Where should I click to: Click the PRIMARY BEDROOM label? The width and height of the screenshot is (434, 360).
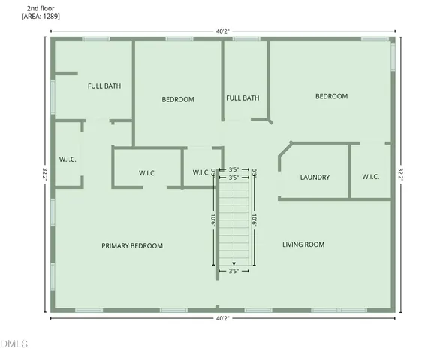(132, 246)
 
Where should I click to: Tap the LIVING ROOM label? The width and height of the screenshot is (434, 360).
(303, 244)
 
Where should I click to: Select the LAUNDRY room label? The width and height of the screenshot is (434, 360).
(315, 178)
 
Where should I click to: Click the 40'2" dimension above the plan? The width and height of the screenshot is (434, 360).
(222, 31)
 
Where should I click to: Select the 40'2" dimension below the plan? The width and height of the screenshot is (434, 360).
(222, 318)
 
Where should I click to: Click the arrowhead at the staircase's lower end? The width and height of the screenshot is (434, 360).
(234, 263)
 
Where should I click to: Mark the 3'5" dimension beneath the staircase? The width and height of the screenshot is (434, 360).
(234, 271)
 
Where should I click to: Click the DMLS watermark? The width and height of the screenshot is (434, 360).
(14, 344)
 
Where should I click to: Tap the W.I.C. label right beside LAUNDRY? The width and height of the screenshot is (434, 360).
(371, 177)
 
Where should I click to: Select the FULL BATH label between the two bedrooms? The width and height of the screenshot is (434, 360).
(243, 97)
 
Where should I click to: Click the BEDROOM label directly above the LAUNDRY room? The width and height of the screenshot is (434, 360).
(331, 96)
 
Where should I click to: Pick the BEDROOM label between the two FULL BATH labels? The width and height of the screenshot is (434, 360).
(178, 99)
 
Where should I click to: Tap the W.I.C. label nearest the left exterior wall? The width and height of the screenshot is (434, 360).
(68, 160)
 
